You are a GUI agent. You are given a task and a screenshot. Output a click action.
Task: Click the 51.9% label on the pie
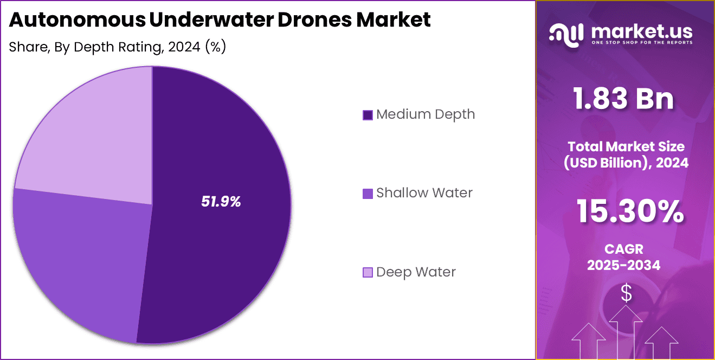221,202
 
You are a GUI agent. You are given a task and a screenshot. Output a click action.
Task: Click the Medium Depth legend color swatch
368,115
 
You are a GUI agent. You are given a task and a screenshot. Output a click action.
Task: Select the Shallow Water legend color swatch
368,194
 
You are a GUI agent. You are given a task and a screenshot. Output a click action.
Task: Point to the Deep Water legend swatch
368,272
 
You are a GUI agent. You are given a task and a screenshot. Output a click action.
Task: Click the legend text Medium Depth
425,114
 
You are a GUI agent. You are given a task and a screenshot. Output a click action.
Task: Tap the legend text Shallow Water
424,193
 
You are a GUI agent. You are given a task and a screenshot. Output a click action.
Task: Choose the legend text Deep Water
416,272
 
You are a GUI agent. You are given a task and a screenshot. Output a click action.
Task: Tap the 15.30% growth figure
629,211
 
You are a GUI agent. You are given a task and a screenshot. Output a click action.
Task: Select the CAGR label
624,249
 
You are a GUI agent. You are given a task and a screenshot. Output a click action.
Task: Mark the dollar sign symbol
626,293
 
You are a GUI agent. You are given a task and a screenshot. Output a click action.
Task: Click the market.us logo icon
566,33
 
